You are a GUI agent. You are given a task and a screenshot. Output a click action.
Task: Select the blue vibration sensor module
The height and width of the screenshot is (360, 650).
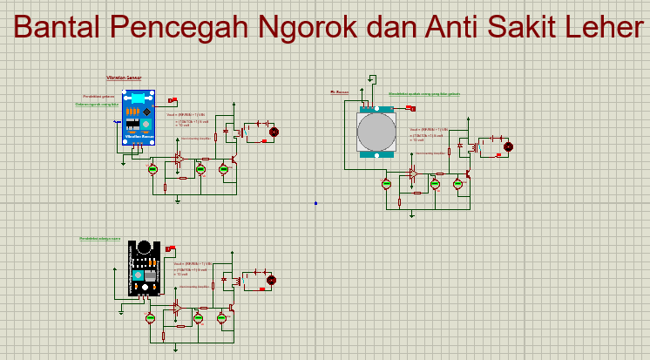[136, 119]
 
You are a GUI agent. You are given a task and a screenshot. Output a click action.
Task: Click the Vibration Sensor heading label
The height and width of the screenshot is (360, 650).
[124, 78]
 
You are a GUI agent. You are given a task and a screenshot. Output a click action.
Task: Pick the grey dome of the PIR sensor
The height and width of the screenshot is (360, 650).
[376, 132]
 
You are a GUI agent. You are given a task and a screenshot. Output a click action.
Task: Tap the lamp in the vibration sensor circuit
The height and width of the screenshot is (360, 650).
[273, 132]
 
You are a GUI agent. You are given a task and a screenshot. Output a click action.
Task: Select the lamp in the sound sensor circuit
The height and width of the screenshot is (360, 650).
[270, 280]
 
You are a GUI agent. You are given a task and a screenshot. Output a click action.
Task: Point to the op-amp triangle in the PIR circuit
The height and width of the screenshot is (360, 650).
[413, 174]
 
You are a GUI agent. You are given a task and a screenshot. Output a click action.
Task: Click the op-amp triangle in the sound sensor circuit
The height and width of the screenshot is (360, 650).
[177, 308]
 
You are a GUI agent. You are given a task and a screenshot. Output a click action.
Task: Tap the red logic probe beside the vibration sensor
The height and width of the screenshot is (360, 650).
[173, 100]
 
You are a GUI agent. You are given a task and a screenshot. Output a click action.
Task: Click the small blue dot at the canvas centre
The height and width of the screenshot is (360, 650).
[315, 203]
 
